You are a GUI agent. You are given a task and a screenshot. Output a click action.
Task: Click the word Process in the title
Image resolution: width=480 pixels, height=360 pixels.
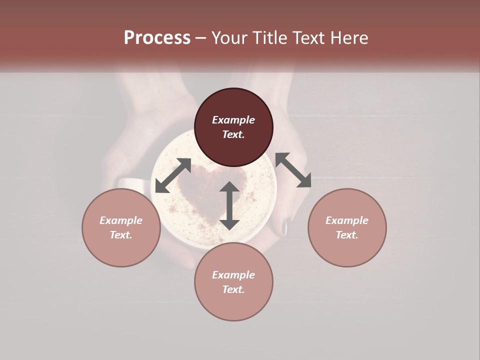(x=157, y=38)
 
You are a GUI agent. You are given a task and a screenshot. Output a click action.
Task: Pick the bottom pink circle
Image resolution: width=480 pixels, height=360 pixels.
(x=233, y=305)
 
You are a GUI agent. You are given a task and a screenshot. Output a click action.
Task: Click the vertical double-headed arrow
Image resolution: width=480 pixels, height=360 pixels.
(x=229, y=205)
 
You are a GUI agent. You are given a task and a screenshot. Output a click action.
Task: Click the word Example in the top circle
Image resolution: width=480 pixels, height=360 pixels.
(x=233, y=120)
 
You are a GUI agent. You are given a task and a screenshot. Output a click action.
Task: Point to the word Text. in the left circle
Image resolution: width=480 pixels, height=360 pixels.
(x=121, y=235)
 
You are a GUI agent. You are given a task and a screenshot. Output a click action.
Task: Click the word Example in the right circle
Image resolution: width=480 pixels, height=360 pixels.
(x=347, y=220)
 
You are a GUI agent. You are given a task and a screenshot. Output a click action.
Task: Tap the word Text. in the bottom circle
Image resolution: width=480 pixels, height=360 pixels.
(x=233, y=289)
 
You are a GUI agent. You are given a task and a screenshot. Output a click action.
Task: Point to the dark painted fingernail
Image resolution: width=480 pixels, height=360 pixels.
(x=286, y=227)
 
